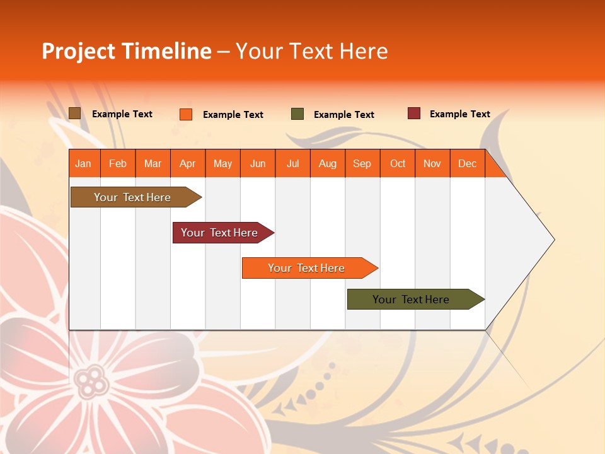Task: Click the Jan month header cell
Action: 84,163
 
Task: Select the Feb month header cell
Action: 118,163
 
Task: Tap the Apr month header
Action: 188,163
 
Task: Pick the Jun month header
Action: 258,163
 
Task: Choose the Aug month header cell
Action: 328,163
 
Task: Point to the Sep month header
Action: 362,163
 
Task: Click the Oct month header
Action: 398,163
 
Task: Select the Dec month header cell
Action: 468,163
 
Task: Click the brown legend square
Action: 75,113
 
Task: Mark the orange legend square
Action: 186,114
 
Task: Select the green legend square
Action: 297,114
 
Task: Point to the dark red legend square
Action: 414,113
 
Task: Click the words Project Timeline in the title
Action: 127,51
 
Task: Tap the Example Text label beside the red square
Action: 459,114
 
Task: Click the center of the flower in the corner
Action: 92,380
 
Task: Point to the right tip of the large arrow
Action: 553,240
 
